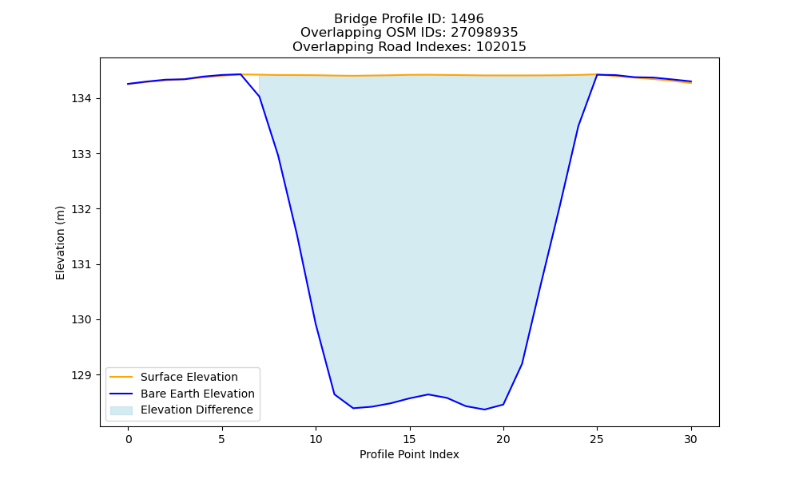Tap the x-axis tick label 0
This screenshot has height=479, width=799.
pyautogui.click(x=129, y=439)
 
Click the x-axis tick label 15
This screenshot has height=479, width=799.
pyautogui.click(x=409, y=439)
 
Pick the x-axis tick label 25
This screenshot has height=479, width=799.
pyautogui.click(x=597, y=439)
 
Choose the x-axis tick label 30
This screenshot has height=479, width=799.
pyautogui.click(x=690, y=439)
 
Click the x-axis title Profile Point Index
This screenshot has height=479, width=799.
pyautogui.click(x=409, y=454)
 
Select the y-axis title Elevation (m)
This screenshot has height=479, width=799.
pyautogui.click(x=60, y=243)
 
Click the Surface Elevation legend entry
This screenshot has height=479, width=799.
pyautogui.click(x=189, y=377)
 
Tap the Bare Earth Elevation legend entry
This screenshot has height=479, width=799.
pyautogui.click(x=197, y=394)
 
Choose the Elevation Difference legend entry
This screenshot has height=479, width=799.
pyautogui.click(x=197, y=410)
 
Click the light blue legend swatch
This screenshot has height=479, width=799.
pyautogui.click(x=121, y=410)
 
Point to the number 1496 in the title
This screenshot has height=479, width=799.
pyautogui.click(x=467, y=19)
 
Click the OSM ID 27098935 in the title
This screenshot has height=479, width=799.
pyautogui.click(x=484, y=33)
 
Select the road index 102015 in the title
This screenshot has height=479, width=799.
pyautogui.click(x=501, y=47)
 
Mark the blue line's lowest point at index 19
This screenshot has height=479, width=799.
pyautogui.click(x=484, y=410)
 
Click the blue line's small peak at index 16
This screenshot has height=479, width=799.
pyautogui.click(x=428, y=394)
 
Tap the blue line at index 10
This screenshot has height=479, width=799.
pyautogui.click(x=316, y=323)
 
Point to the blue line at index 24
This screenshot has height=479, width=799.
pyautogui.click(x=578, y=125)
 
